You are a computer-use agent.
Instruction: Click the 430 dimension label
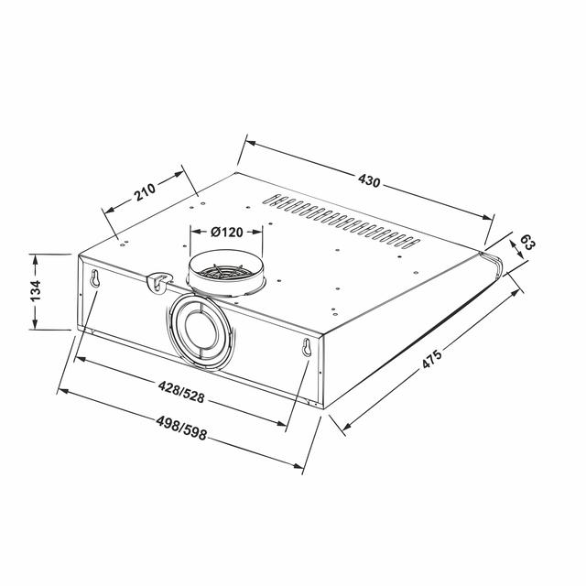pyautogui.click(x=369, y=180)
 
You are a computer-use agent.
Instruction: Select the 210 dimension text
pyautogui.click(x=145, y=192)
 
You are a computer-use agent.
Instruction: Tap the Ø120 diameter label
pyautogui.click(x=226, y=232)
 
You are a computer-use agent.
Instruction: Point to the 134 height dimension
pyautogui.click(x=36, y=290)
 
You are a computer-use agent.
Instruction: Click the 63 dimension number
pyautogui.click(x=527, y=244)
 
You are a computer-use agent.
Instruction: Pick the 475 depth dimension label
pyautogui.click(x=432, y=358)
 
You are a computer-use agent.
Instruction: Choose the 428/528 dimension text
pyautogui.click(x=181, y=392)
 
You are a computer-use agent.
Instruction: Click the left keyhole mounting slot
pyautogui.click(x=95, y=278)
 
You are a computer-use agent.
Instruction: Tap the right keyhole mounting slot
pyautogui.click(x=307, y=347)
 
